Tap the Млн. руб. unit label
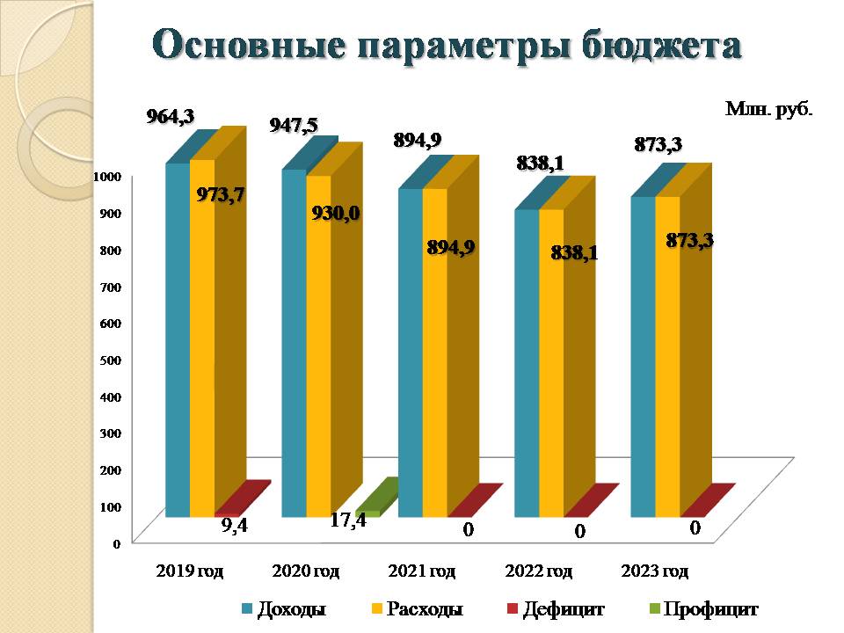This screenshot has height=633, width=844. tap(768, 109)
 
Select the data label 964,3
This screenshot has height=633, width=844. tap(170, 115)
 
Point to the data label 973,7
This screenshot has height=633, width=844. tap(221, 194)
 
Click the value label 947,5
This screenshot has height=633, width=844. tap(294, 126)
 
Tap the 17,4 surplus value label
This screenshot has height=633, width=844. tap(348, 520)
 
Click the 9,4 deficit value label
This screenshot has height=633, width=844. tap(234, 527)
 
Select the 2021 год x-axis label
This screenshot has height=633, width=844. tap(421, 571)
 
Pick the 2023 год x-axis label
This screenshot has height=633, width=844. tap(654, 571)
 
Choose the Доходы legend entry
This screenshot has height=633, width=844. tap(283, 608)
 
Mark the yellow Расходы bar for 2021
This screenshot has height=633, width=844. tap(434, 352)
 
